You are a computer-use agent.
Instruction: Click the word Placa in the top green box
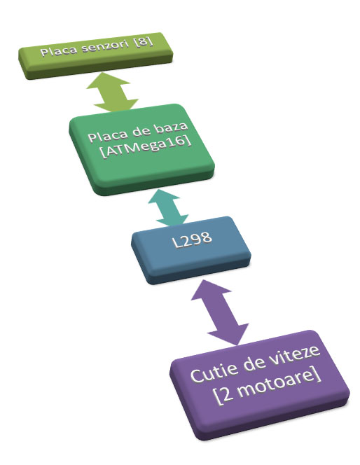point(58,50)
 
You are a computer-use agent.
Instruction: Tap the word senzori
point(104,46)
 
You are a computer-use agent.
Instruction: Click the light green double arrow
point(112,92)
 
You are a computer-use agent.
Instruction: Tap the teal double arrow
point(168,208)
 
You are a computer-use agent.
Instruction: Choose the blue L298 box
point(191,250)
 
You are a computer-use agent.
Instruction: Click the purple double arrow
point(220,312)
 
